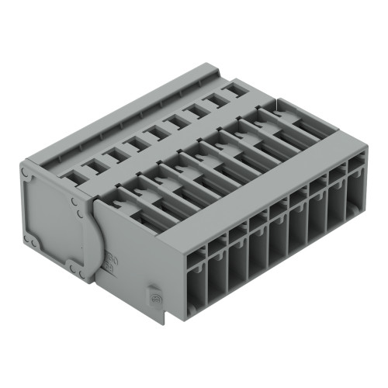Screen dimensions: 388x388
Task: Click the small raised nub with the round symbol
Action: [154, 299]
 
